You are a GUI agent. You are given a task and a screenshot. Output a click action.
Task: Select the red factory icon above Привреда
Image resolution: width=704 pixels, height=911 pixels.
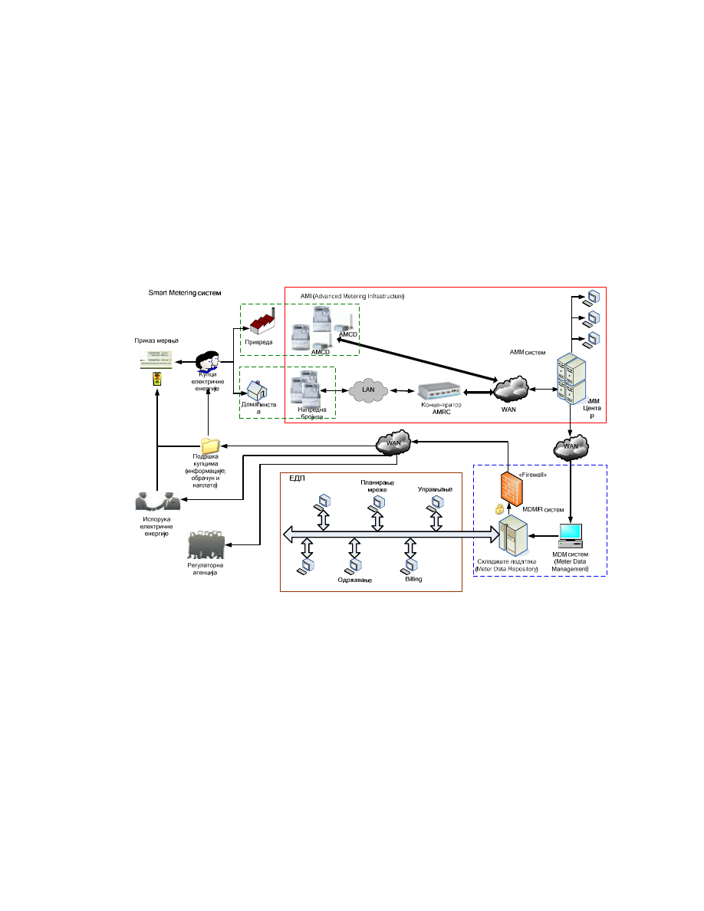click(259, 321)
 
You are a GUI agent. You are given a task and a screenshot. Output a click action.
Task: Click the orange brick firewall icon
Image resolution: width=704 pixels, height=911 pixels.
click(509, 488)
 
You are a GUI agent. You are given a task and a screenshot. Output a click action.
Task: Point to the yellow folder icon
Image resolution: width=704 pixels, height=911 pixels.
click(209, 445)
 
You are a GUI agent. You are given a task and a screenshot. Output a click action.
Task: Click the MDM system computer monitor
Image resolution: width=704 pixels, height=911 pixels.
click(571, 534)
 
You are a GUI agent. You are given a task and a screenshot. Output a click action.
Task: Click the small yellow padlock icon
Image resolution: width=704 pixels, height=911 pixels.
click(498, 510)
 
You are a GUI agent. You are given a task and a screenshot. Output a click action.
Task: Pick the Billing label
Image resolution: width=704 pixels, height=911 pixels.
click(413, 579)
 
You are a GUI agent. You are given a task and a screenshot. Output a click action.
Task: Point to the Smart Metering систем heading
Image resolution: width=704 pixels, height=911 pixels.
click(185, 293)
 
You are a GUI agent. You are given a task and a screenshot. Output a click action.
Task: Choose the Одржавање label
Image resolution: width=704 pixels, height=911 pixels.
click(354, 580)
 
